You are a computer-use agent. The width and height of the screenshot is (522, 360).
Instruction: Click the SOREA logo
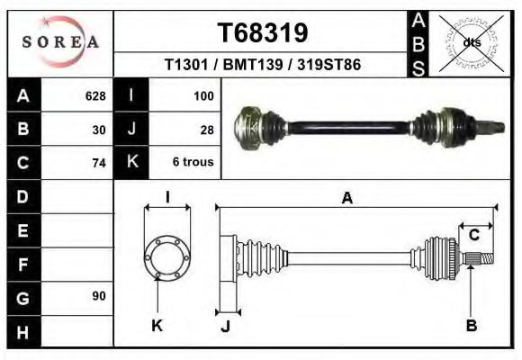click(61, 41)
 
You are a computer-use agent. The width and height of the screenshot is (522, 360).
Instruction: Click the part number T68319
click(263, 32)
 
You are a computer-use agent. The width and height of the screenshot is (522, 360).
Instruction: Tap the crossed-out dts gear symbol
click(471, 42)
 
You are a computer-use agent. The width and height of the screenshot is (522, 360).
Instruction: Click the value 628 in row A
click(94, 94)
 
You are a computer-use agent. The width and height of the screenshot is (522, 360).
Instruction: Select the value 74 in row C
click(99, 163)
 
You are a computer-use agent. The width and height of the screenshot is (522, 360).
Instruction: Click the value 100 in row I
click(202, 94)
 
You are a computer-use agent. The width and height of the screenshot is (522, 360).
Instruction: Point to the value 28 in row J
click(206, 129)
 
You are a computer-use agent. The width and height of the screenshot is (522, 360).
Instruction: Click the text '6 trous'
click(193, 163)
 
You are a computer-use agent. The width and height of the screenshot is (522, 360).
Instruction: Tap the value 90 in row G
click(99, 296)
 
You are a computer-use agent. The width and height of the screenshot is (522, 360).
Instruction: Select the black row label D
click(22, 195)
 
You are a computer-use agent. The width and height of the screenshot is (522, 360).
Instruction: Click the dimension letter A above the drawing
click(346, 199)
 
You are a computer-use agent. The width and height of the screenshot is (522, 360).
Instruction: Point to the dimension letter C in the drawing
click(473, 235)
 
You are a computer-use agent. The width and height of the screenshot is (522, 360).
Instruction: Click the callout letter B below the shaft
click(471, 326)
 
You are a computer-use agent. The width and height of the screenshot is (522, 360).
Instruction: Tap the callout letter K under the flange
click(157, 326)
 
